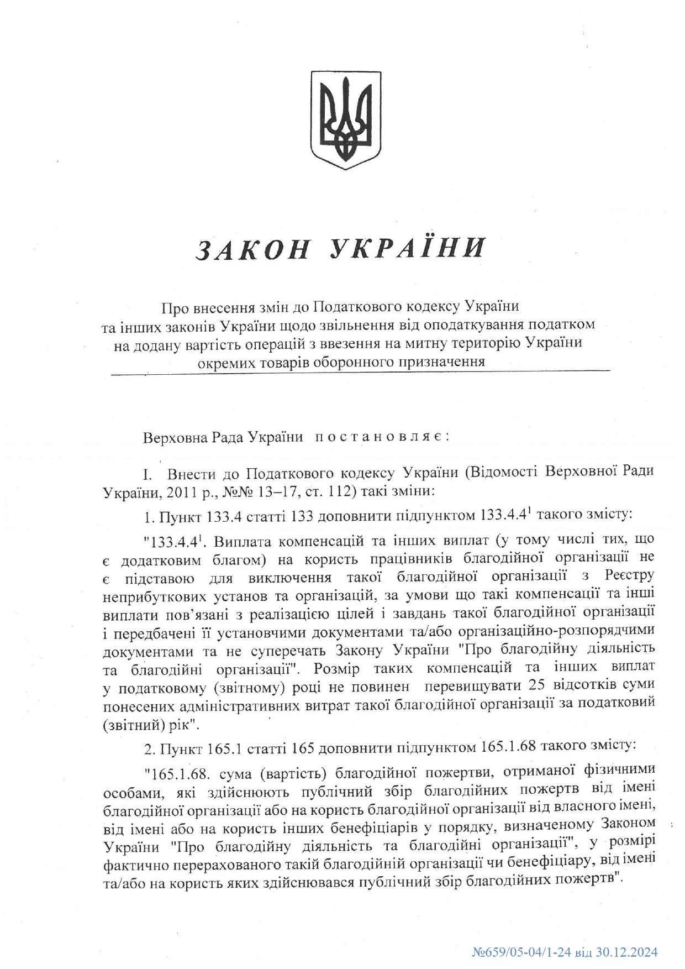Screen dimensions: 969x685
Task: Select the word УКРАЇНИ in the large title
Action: tap(408, 249)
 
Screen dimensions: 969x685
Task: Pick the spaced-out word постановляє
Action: tap(382, 437)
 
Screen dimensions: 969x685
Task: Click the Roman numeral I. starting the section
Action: tap(147, 474)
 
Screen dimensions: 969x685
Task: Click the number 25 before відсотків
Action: tap(536, 686)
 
